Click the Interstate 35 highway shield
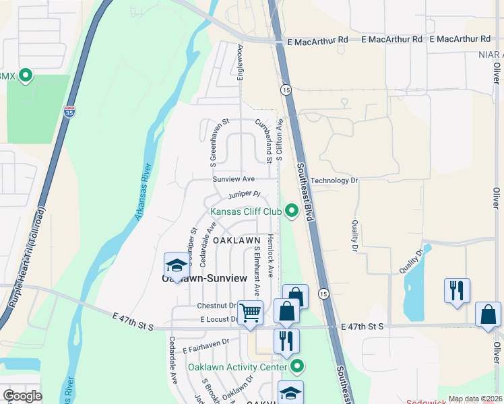click(x=69, y=112)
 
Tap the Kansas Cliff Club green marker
click(x=292, y=211)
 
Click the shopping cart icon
click(x=250, y=313)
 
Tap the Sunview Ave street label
click(x=233, y=180)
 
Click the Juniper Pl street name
click(x=244, y=195)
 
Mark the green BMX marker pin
click(x=26, y=75)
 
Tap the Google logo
click(x=22, y=396)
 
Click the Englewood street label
click(x=240, y=63)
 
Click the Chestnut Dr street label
click(x=216, y=305)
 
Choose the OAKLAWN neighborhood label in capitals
click(x=237, y=240)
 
